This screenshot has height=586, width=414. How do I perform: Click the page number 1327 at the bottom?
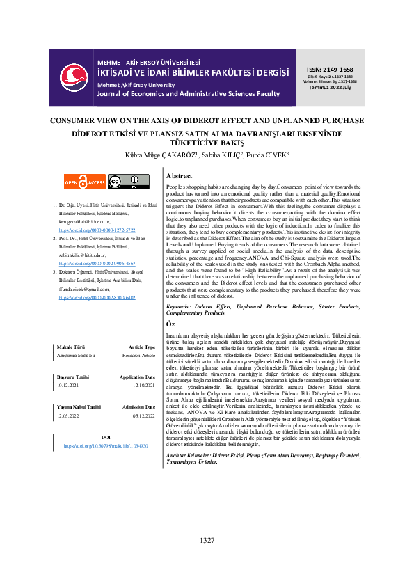coord(207,560)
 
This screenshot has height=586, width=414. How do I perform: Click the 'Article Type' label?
coord(142,347)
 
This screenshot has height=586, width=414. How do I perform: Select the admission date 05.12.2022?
coord(142,415)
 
